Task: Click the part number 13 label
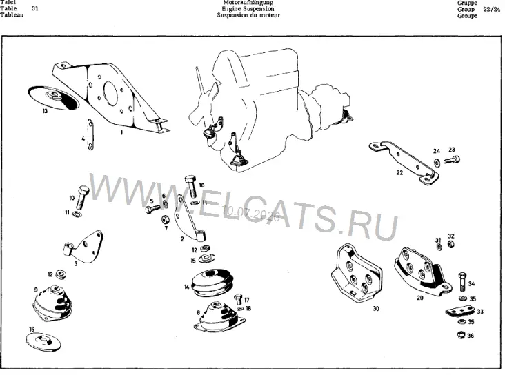(x=45, y=111)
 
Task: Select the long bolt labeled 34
(x=462, y=282)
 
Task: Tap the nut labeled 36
(x=461, y=335)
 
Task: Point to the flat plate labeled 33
(x=461, y=312)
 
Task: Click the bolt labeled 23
(x=452, y=160)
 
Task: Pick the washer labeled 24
(x=437, y=163)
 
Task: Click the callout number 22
(x=399, y=173)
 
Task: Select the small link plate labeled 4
(x=90, y=134)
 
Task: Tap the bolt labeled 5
(x=152, y=210)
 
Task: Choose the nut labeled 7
(x=166, y=219)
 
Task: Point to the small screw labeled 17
(x=238, y=299)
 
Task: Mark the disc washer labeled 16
(x=43, y=341)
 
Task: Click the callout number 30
(x=376, y=308)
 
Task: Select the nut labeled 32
(x=451, y=244)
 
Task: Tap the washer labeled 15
(x=205, y=259)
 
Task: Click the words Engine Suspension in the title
(x=248, y=9)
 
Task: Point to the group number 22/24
(x=492, y=10)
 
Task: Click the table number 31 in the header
(x=34, y=8)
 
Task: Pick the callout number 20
(x=420, y=298)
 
